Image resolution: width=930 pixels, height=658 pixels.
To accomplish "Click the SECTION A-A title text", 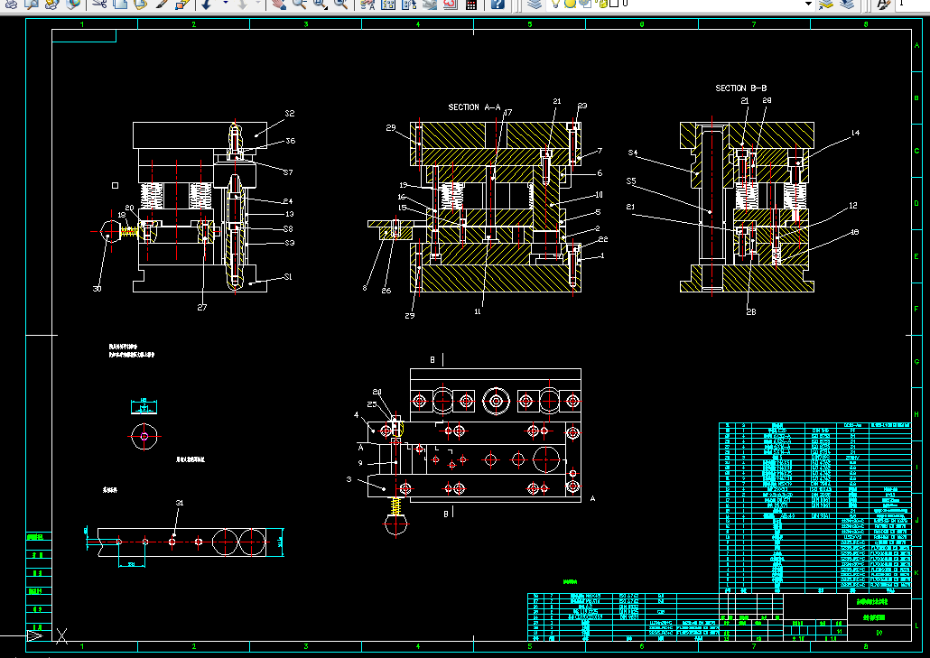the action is (x=475, y=107).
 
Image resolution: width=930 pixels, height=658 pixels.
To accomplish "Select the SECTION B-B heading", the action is (x=741, y=88).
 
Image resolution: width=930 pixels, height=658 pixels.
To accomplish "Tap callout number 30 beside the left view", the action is (x=97, y=289).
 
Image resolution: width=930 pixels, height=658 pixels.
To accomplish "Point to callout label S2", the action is (x=290, y=114).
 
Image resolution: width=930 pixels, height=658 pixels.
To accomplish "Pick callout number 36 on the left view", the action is (x=290, y=141).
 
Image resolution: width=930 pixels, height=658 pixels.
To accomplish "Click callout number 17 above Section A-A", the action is (x=507, y=114).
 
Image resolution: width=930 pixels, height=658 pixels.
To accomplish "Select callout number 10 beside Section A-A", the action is (x=598, y=195).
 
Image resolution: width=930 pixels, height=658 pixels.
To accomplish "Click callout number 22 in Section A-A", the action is (x=603, y=238).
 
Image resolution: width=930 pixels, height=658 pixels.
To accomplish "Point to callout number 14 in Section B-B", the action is (x=855, y=134).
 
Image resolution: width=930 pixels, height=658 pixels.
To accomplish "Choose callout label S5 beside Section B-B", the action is (x=631, y=181).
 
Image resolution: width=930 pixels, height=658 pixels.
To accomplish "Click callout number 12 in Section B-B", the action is (x=852, y=206).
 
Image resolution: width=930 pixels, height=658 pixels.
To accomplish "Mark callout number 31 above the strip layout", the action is (x=179, y=503).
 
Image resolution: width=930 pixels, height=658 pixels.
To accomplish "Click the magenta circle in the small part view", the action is (x=144, y=437).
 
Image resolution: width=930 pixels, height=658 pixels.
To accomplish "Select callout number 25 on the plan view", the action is (x=372, y=405).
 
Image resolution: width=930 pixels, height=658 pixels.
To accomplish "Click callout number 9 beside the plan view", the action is (x=360, y=464).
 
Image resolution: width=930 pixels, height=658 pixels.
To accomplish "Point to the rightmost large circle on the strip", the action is (x=254, y=542).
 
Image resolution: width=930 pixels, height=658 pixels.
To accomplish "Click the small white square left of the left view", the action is (x=115, y=185).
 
